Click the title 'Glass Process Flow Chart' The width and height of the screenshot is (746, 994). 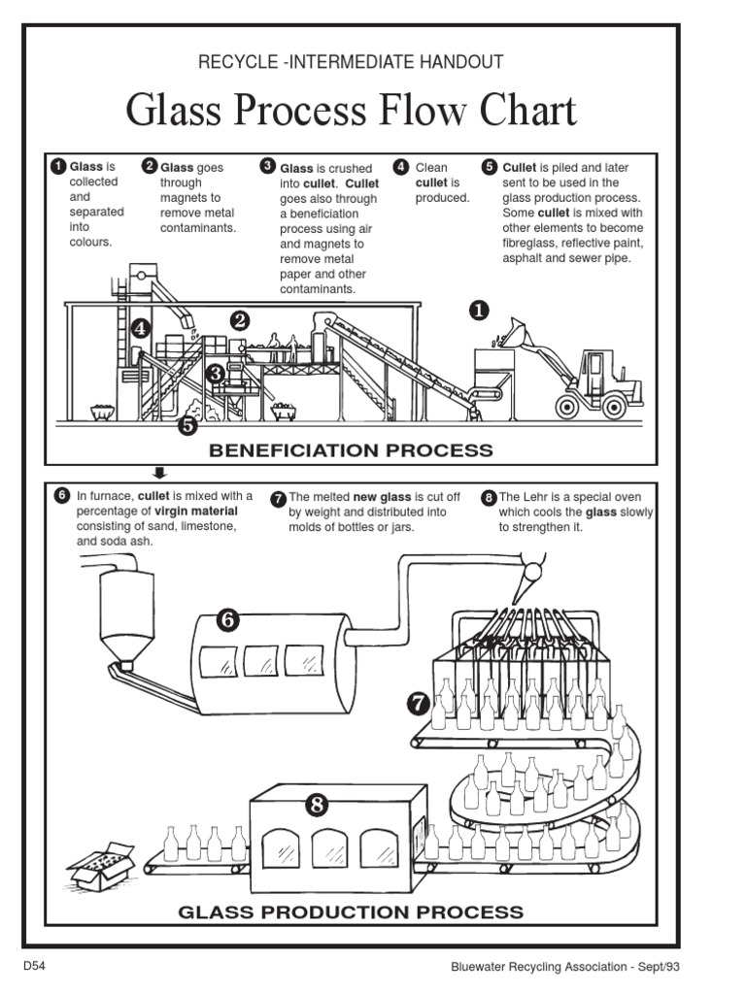pyautogui.click(x=351, y=111)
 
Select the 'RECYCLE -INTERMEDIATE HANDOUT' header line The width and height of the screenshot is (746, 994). pyautogui.click(x=351, y=62)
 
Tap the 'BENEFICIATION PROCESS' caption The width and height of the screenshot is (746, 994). pyautogui.click(x=351, y=450)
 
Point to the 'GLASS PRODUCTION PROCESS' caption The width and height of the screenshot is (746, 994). pyautogui.click(x=351, y=911)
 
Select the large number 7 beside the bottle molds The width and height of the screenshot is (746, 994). pyautogui.click(x=419, y=702)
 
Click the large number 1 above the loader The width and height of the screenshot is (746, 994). pyautogui.click(x=479, y=311)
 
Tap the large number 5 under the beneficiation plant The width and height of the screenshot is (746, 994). pyautogui.click(x=187, y=423)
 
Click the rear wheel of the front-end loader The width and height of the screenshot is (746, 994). pyautogui.click(x=615, y=401)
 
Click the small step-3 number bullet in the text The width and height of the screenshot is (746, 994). pyautogui.click(x=268, y=167)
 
